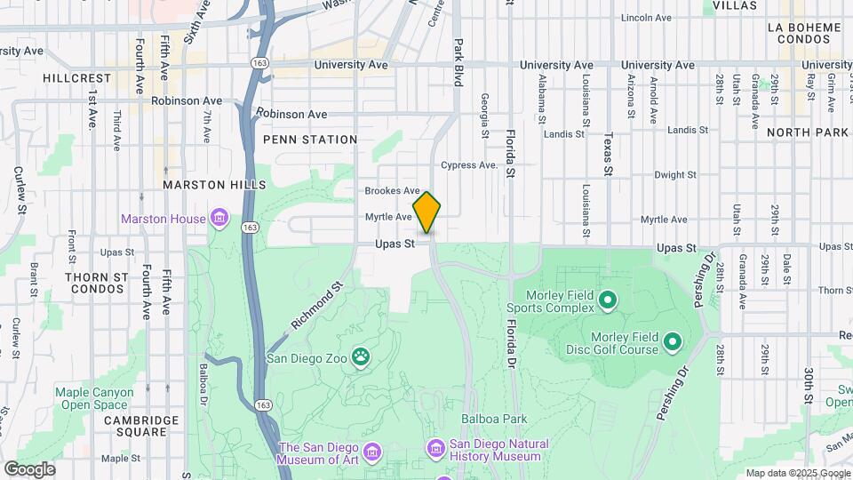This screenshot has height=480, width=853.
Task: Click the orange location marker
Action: tap(427, 212)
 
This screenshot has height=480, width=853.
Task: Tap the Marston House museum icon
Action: tap(219, 218)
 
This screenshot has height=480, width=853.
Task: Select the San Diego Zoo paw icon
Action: tap(361, 358)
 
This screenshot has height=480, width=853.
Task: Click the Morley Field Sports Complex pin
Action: tap(608, 300)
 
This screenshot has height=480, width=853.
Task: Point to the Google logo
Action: tap(28, 468)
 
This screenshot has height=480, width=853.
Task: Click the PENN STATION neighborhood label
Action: tap(310, 140)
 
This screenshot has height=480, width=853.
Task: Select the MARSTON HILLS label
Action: tap(214, 185)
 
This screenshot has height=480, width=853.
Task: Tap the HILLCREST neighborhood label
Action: tap(77, 78)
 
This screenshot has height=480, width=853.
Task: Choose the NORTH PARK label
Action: tap(808, 132)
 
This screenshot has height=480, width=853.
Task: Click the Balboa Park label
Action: tap(494, 419)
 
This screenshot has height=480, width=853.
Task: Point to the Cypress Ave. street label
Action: tap(470, 165)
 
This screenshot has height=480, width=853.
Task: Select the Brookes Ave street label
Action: tap(392, 191)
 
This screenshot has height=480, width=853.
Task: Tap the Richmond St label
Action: tap(317, 307)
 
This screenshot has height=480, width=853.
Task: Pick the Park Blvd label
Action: tap(458, 62)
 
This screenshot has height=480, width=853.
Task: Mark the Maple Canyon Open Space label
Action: tap(94, 397)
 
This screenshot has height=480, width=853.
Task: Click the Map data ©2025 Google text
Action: tap(796, 473)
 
